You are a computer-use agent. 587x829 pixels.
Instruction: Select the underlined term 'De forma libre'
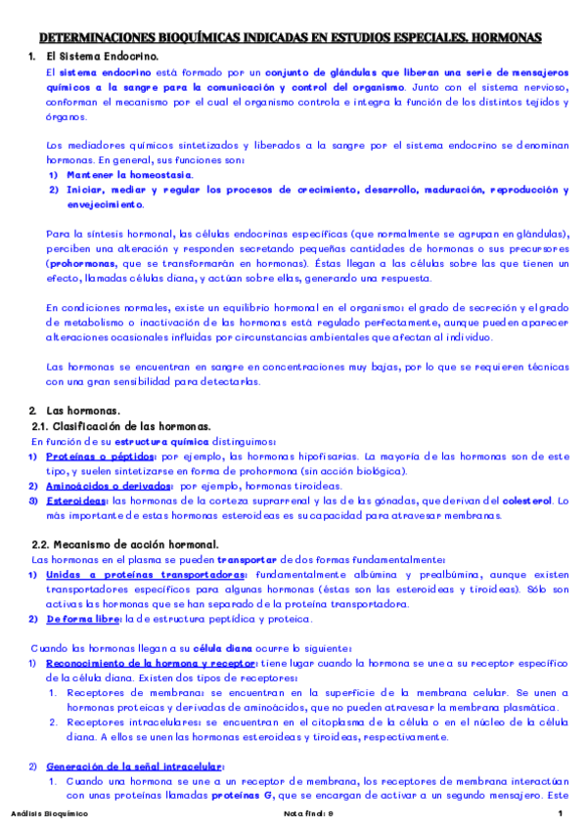pos(80,618)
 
